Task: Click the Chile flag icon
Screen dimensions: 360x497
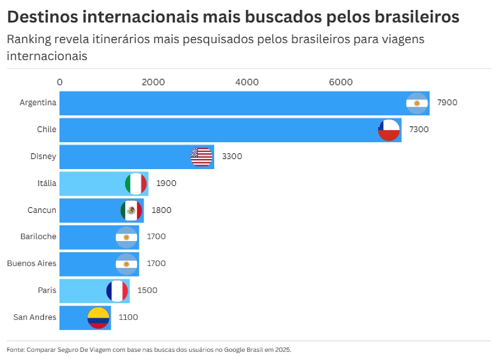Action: point(388,130)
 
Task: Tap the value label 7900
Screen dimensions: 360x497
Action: point(447,102)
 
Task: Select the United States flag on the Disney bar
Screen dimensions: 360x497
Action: point(201,157)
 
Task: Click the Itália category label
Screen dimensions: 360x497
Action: point(47,183)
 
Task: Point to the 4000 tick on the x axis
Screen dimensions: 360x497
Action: point(247,82)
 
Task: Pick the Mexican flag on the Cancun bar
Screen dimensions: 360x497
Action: point(131,210)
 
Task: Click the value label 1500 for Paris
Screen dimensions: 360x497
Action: point(147,290)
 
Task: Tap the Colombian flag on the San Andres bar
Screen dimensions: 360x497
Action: point(98,318)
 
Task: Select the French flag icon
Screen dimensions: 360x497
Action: point(117,291)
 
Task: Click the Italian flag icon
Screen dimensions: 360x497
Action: point(136,184)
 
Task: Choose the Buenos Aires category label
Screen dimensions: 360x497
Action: point(31,263)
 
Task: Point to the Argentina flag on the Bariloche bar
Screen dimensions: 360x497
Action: point(126,237)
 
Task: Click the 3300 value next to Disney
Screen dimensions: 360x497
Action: point(232,156)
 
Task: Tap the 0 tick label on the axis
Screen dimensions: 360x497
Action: point(60,82)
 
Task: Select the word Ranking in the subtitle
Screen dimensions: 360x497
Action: point(29,39)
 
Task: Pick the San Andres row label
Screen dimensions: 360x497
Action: point(35,317)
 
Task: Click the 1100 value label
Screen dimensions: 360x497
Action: point(128,317)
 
